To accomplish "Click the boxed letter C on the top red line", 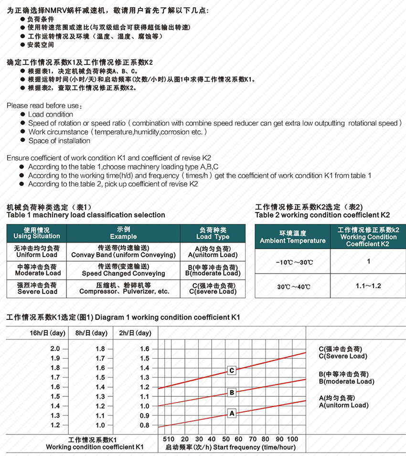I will [232, 371].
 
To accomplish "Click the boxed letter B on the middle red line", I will [232, 392].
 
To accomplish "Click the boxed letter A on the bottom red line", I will [232, 413].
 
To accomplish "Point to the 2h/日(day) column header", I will [135, 333].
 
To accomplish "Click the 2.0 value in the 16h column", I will [55, 349].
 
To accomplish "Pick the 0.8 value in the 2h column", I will [144, 425].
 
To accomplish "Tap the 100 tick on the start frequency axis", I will [293, 439].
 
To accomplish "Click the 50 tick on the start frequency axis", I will [226, 439].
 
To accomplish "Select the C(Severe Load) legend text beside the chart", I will [343, 356].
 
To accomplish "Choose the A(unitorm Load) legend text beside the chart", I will [343, 405].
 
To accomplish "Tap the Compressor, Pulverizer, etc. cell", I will [124, 291].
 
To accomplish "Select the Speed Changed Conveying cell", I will [123, 273].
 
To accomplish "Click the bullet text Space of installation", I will [59, 140].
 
